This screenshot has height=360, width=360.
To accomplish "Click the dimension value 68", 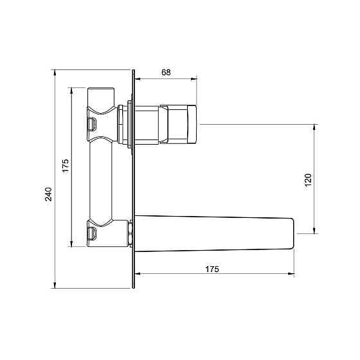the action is tap(166, 72).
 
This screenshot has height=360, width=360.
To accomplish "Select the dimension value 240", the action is tap(48, 194).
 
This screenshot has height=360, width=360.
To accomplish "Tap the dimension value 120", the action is tap(308, 180).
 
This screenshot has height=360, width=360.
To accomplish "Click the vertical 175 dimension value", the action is tap(66, 166).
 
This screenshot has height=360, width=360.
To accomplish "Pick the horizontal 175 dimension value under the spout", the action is tap(212, 269).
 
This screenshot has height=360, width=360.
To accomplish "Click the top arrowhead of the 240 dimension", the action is tap(55, 73).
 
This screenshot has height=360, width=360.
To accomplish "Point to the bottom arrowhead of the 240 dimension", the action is tap(55, 285).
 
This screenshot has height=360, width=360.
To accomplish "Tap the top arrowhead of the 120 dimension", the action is tap(315, 128).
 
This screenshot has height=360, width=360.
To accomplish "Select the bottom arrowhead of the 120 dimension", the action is tap(315, 230).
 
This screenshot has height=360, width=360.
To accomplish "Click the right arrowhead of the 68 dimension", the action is tap(194, 79).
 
